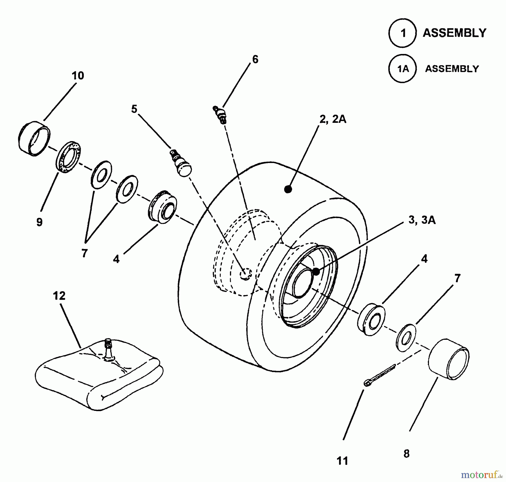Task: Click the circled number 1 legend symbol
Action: pyautogui.click(x=403, y=33)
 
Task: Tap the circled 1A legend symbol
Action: pyautogui.click(x=403, y=69)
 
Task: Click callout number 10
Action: pyautogui.click(x=78, y=76)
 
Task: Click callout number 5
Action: pyautogui.click(x=134, y=109)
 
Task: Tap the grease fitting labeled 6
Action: pyautogui.click(x=220, y=115)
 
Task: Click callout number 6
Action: pyautogui.click(x=255, y=59)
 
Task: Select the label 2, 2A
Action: pyautogui.click(x=333, y=119)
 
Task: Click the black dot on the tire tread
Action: pyautogui.click(x=288, y=189)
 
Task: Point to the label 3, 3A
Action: pyautogui.click(x=422, y=220)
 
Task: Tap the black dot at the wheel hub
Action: pyautogui.click(x=316, y=271)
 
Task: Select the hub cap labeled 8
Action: pyautogui.click(x=448, y=360)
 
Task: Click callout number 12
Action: pyautogui.click(x=59, y=296)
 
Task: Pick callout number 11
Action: pyautogui.click(x=342, y=461)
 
